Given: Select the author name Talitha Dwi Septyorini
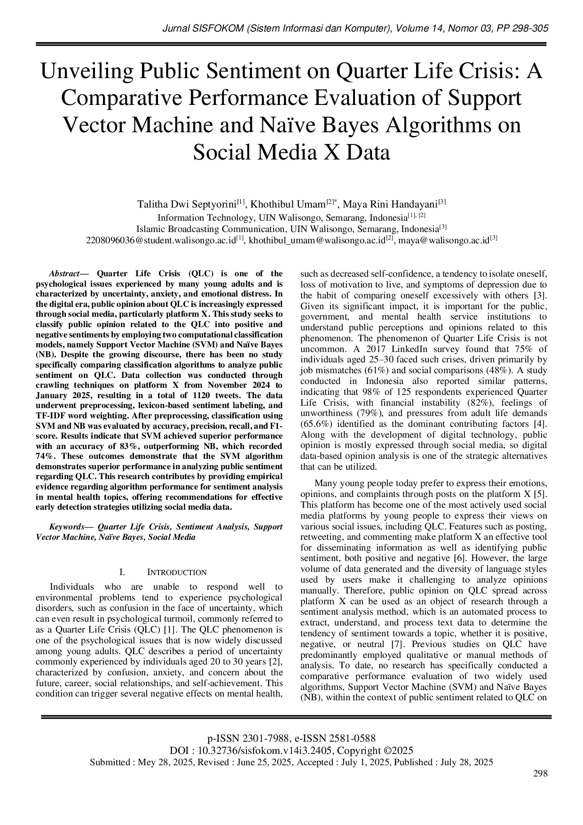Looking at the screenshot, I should pos(187,204).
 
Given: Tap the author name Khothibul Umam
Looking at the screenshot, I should pos(288,204).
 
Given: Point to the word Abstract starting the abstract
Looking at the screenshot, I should pos(64,274).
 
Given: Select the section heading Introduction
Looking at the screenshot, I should pos(177,572).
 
